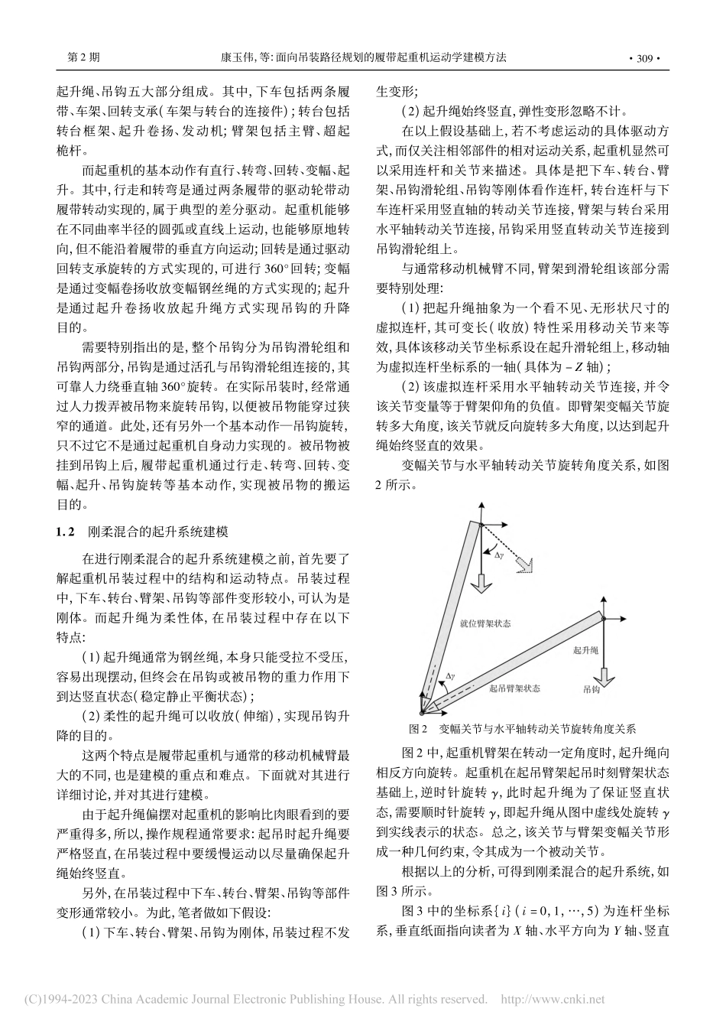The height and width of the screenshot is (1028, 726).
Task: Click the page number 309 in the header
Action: (x=643, y=57)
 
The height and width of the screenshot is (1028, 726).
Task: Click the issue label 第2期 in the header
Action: (x=83, y=57)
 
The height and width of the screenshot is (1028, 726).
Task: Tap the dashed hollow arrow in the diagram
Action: (x=520, y=564)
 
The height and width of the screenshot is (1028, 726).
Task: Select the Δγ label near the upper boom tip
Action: (x=498, y=556)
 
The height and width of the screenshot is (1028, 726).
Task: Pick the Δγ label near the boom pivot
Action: (x=451, y=677)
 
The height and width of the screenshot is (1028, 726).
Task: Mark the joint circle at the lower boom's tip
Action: (x=603, y=618)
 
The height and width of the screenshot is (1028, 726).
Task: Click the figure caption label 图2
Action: (x=417, y=727)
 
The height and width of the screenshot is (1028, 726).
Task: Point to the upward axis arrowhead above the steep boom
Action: (x=481, y=505)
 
